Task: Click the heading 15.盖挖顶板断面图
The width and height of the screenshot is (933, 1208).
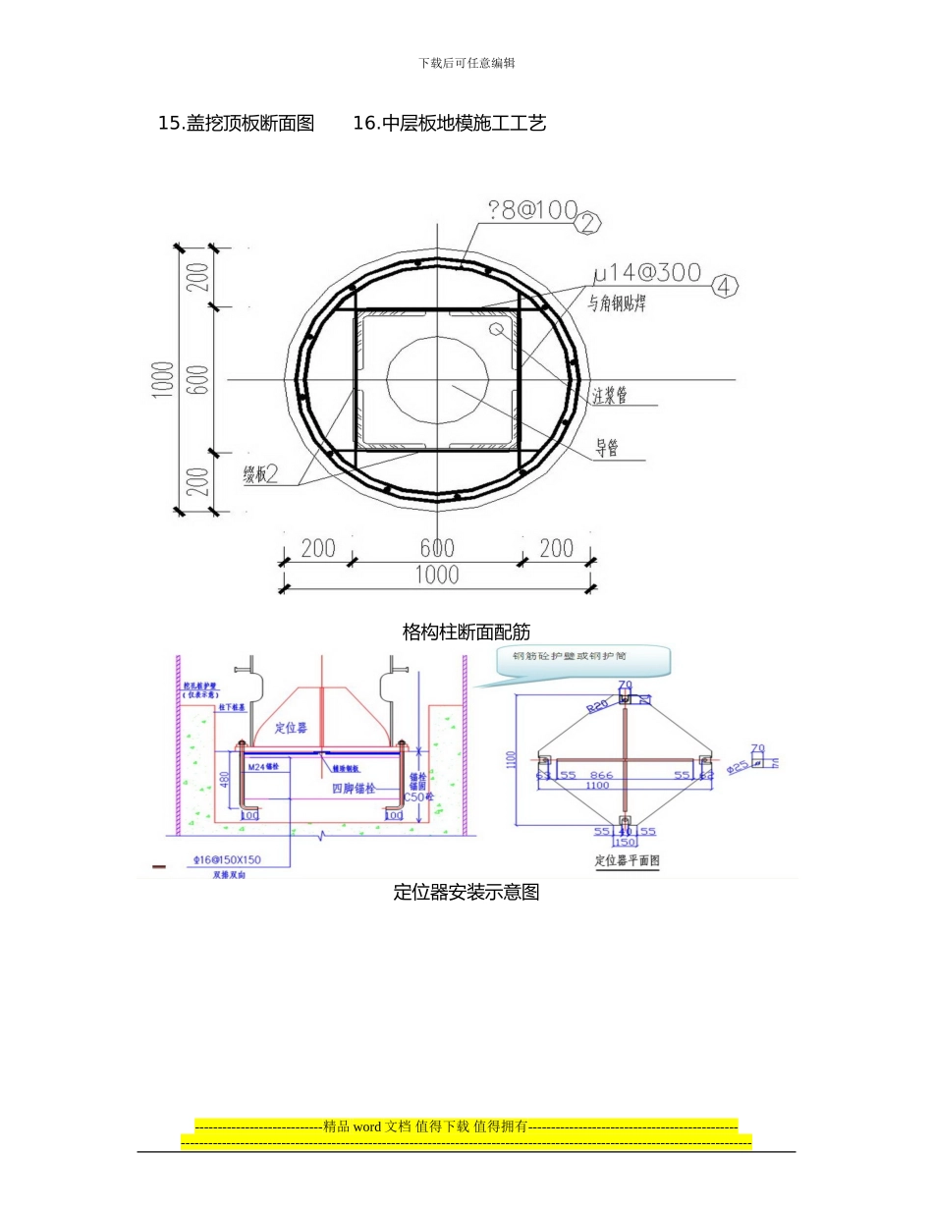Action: pos(236,123)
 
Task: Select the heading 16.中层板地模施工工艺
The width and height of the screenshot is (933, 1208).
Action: pos(449,123)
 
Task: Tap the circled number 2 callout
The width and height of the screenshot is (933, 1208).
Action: pos(586,223)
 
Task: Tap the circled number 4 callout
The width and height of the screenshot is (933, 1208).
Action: pos(724,286)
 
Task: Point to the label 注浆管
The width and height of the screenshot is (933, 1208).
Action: pos(610,396)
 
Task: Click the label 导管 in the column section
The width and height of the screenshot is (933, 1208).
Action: pos(607,449)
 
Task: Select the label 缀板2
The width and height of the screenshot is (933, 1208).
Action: pos(261,474)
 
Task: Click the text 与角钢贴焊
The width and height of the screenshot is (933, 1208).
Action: pos(617,304)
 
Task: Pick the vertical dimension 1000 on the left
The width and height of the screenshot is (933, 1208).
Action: pos(163,379)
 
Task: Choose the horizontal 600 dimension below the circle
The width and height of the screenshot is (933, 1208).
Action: pos(437,548)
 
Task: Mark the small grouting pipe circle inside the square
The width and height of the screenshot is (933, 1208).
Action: pos(497,328)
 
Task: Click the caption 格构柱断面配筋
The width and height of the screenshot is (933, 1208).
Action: pos(466,631)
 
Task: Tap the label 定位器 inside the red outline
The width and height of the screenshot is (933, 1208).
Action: pos(291,728)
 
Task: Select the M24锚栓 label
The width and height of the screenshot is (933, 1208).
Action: pos(264,766)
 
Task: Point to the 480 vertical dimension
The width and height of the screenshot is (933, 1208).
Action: pos(225,778)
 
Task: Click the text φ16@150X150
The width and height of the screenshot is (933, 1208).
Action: pos(227,859)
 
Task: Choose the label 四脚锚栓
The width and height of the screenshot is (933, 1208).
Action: pos(353,788)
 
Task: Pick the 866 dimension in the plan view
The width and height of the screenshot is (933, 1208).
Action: pos(601,775)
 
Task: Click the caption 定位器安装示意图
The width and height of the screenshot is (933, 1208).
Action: pos(466,892)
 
